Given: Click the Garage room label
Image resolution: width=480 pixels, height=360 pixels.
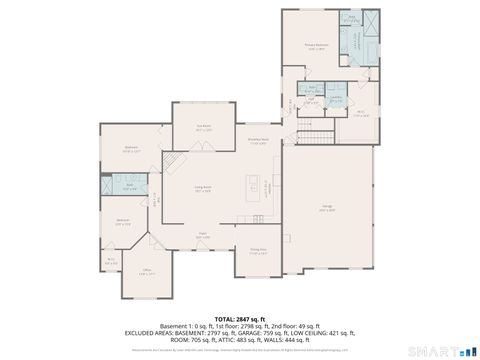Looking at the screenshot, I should [x=326, y=210].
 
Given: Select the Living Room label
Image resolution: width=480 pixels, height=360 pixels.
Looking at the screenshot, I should [x=203, y=190].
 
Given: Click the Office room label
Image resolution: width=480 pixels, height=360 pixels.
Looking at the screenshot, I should [x=146, y=272].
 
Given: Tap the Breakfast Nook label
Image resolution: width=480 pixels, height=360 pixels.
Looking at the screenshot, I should [x=258, y=142].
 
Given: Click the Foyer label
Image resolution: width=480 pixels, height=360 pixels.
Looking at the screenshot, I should [x=202, y=235].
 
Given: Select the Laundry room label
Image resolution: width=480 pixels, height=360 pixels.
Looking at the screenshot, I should [x=336, y=99].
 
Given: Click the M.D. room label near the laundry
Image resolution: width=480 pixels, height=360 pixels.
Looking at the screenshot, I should [x=361, y=113].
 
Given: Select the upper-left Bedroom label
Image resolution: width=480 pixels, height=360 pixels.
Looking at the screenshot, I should [x=131, y=148].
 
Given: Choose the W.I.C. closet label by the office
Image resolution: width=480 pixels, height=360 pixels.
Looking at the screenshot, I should [x=111, y=260].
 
